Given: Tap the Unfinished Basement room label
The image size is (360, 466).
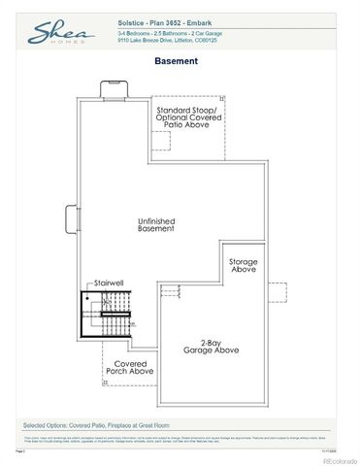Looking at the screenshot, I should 155,224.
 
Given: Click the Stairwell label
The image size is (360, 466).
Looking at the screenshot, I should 109,284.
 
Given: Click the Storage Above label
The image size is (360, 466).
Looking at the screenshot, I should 243,266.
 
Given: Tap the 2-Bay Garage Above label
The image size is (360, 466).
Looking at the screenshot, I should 220,348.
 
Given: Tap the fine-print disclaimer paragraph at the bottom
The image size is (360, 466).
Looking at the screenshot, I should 180,439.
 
